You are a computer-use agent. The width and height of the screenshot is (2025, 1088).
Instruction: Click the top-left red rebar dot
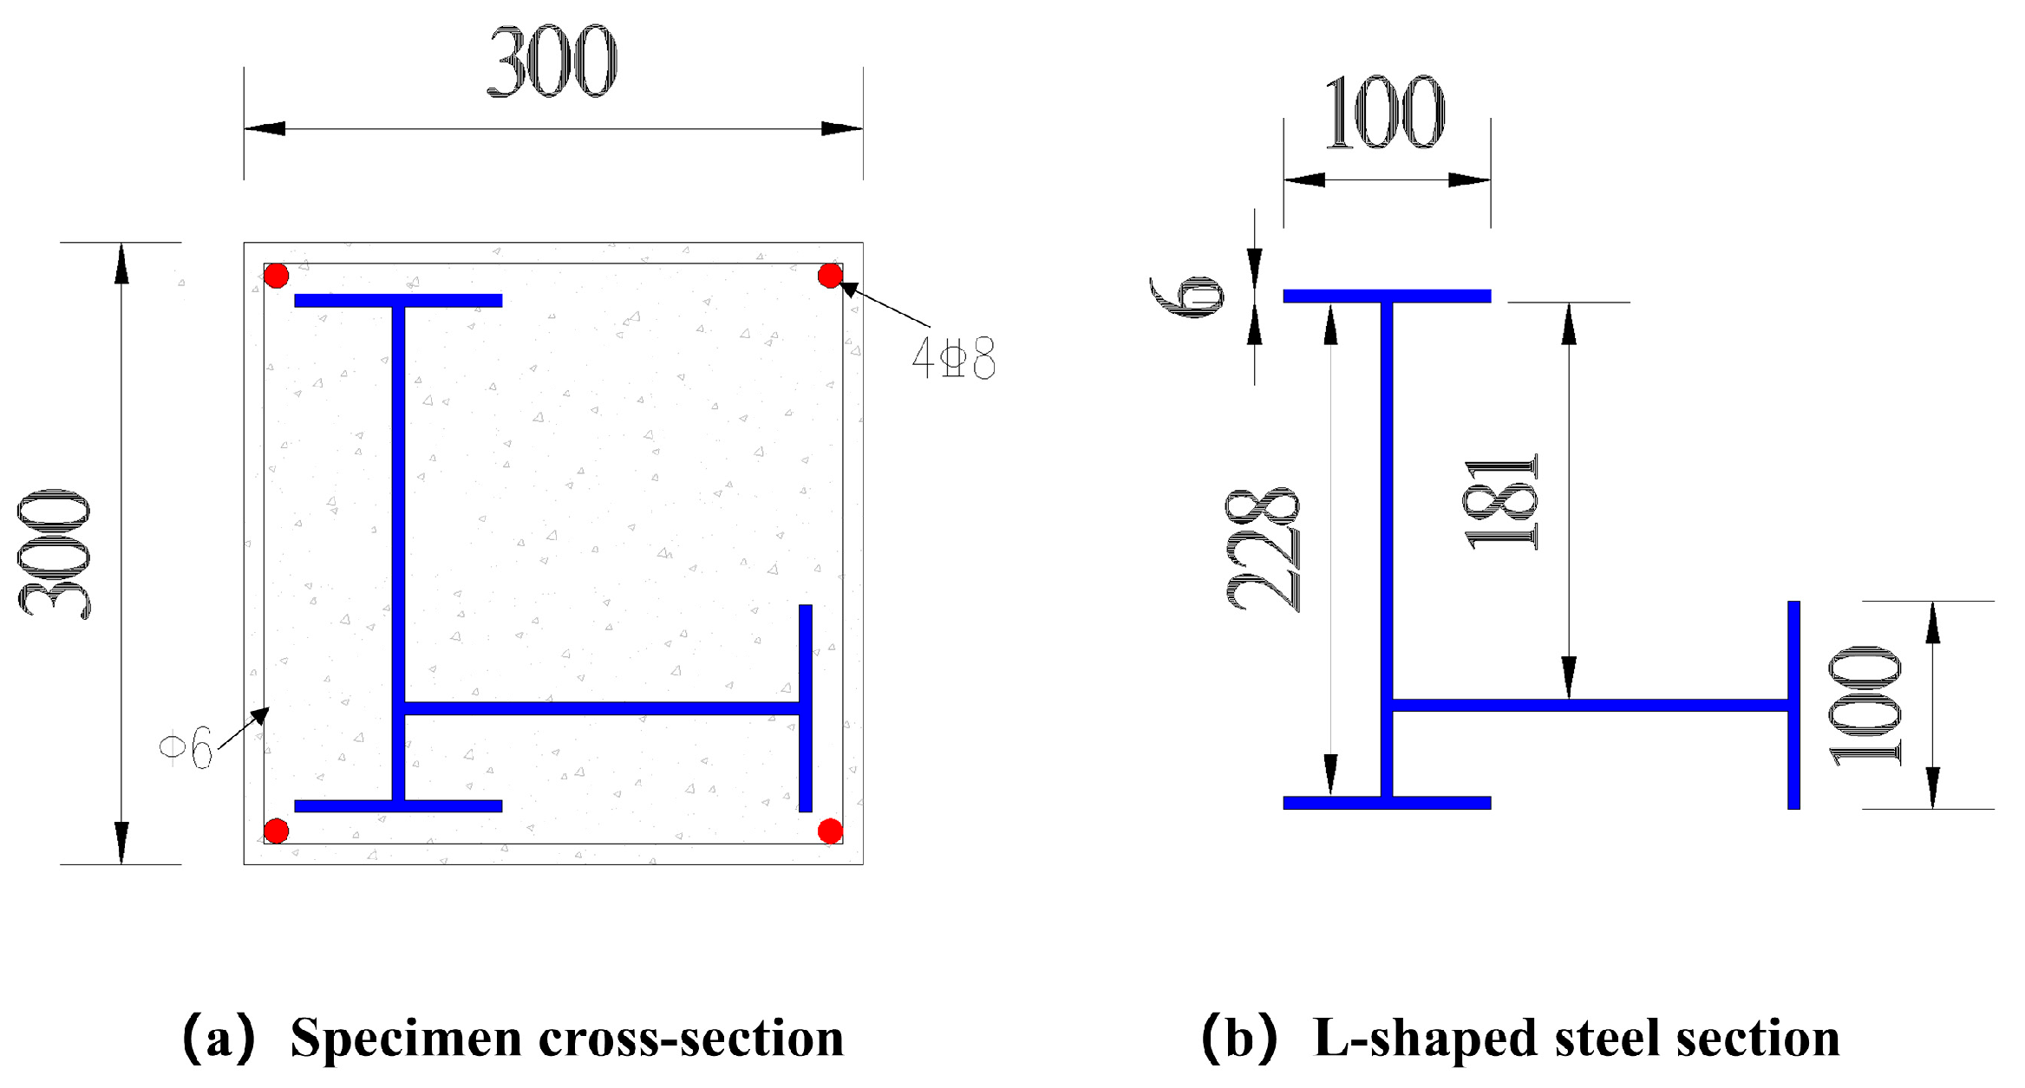click(276, 276)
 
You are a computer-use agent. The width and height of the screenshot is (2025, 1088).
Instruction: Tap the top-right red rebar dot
click(830, 276)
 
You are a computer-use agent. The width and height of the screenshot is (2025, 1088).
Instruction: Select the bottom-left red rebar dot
click(276, 831)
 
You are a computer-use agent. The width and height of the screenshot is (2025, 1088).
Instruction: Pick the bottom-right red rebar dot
click(830, 831)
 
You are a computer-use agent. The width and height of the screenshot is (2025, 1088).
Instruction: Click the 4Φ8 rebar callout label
click(953, 358)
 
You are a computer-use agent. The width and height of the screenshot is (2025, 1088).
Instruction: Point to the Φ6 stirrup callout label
click(187, 746)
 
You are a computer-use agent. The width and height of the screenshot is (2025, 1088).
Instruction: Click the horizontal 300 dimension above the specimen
click(552, 62)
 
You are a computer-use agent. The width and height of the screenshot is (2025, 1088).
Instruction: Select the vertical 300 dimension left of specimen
click(54, 553)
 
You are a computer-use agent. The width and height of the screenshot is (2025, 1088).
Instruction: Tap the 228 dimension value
click(1263, 550)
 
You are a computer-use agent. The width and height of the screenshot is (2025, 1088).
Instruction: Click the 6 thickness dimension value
click(1186, 296)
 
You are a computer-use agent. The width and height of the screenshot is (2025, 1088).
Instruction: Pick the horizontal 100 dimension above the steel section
click(1385, 113)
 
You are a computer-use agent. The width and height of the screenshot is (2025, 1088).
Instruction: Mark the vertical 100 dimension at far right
click(1865, 706)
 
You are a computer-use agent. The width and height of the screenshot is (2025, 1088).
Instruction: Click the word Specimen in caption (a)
click(405, 1038)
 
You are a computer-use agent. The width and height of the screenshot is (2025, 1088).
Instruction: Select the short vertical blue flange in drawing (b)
click(1793, 705)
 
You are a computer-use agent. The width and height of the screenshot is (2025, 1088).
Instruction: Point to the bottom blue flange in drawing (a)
click(398, 805)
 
